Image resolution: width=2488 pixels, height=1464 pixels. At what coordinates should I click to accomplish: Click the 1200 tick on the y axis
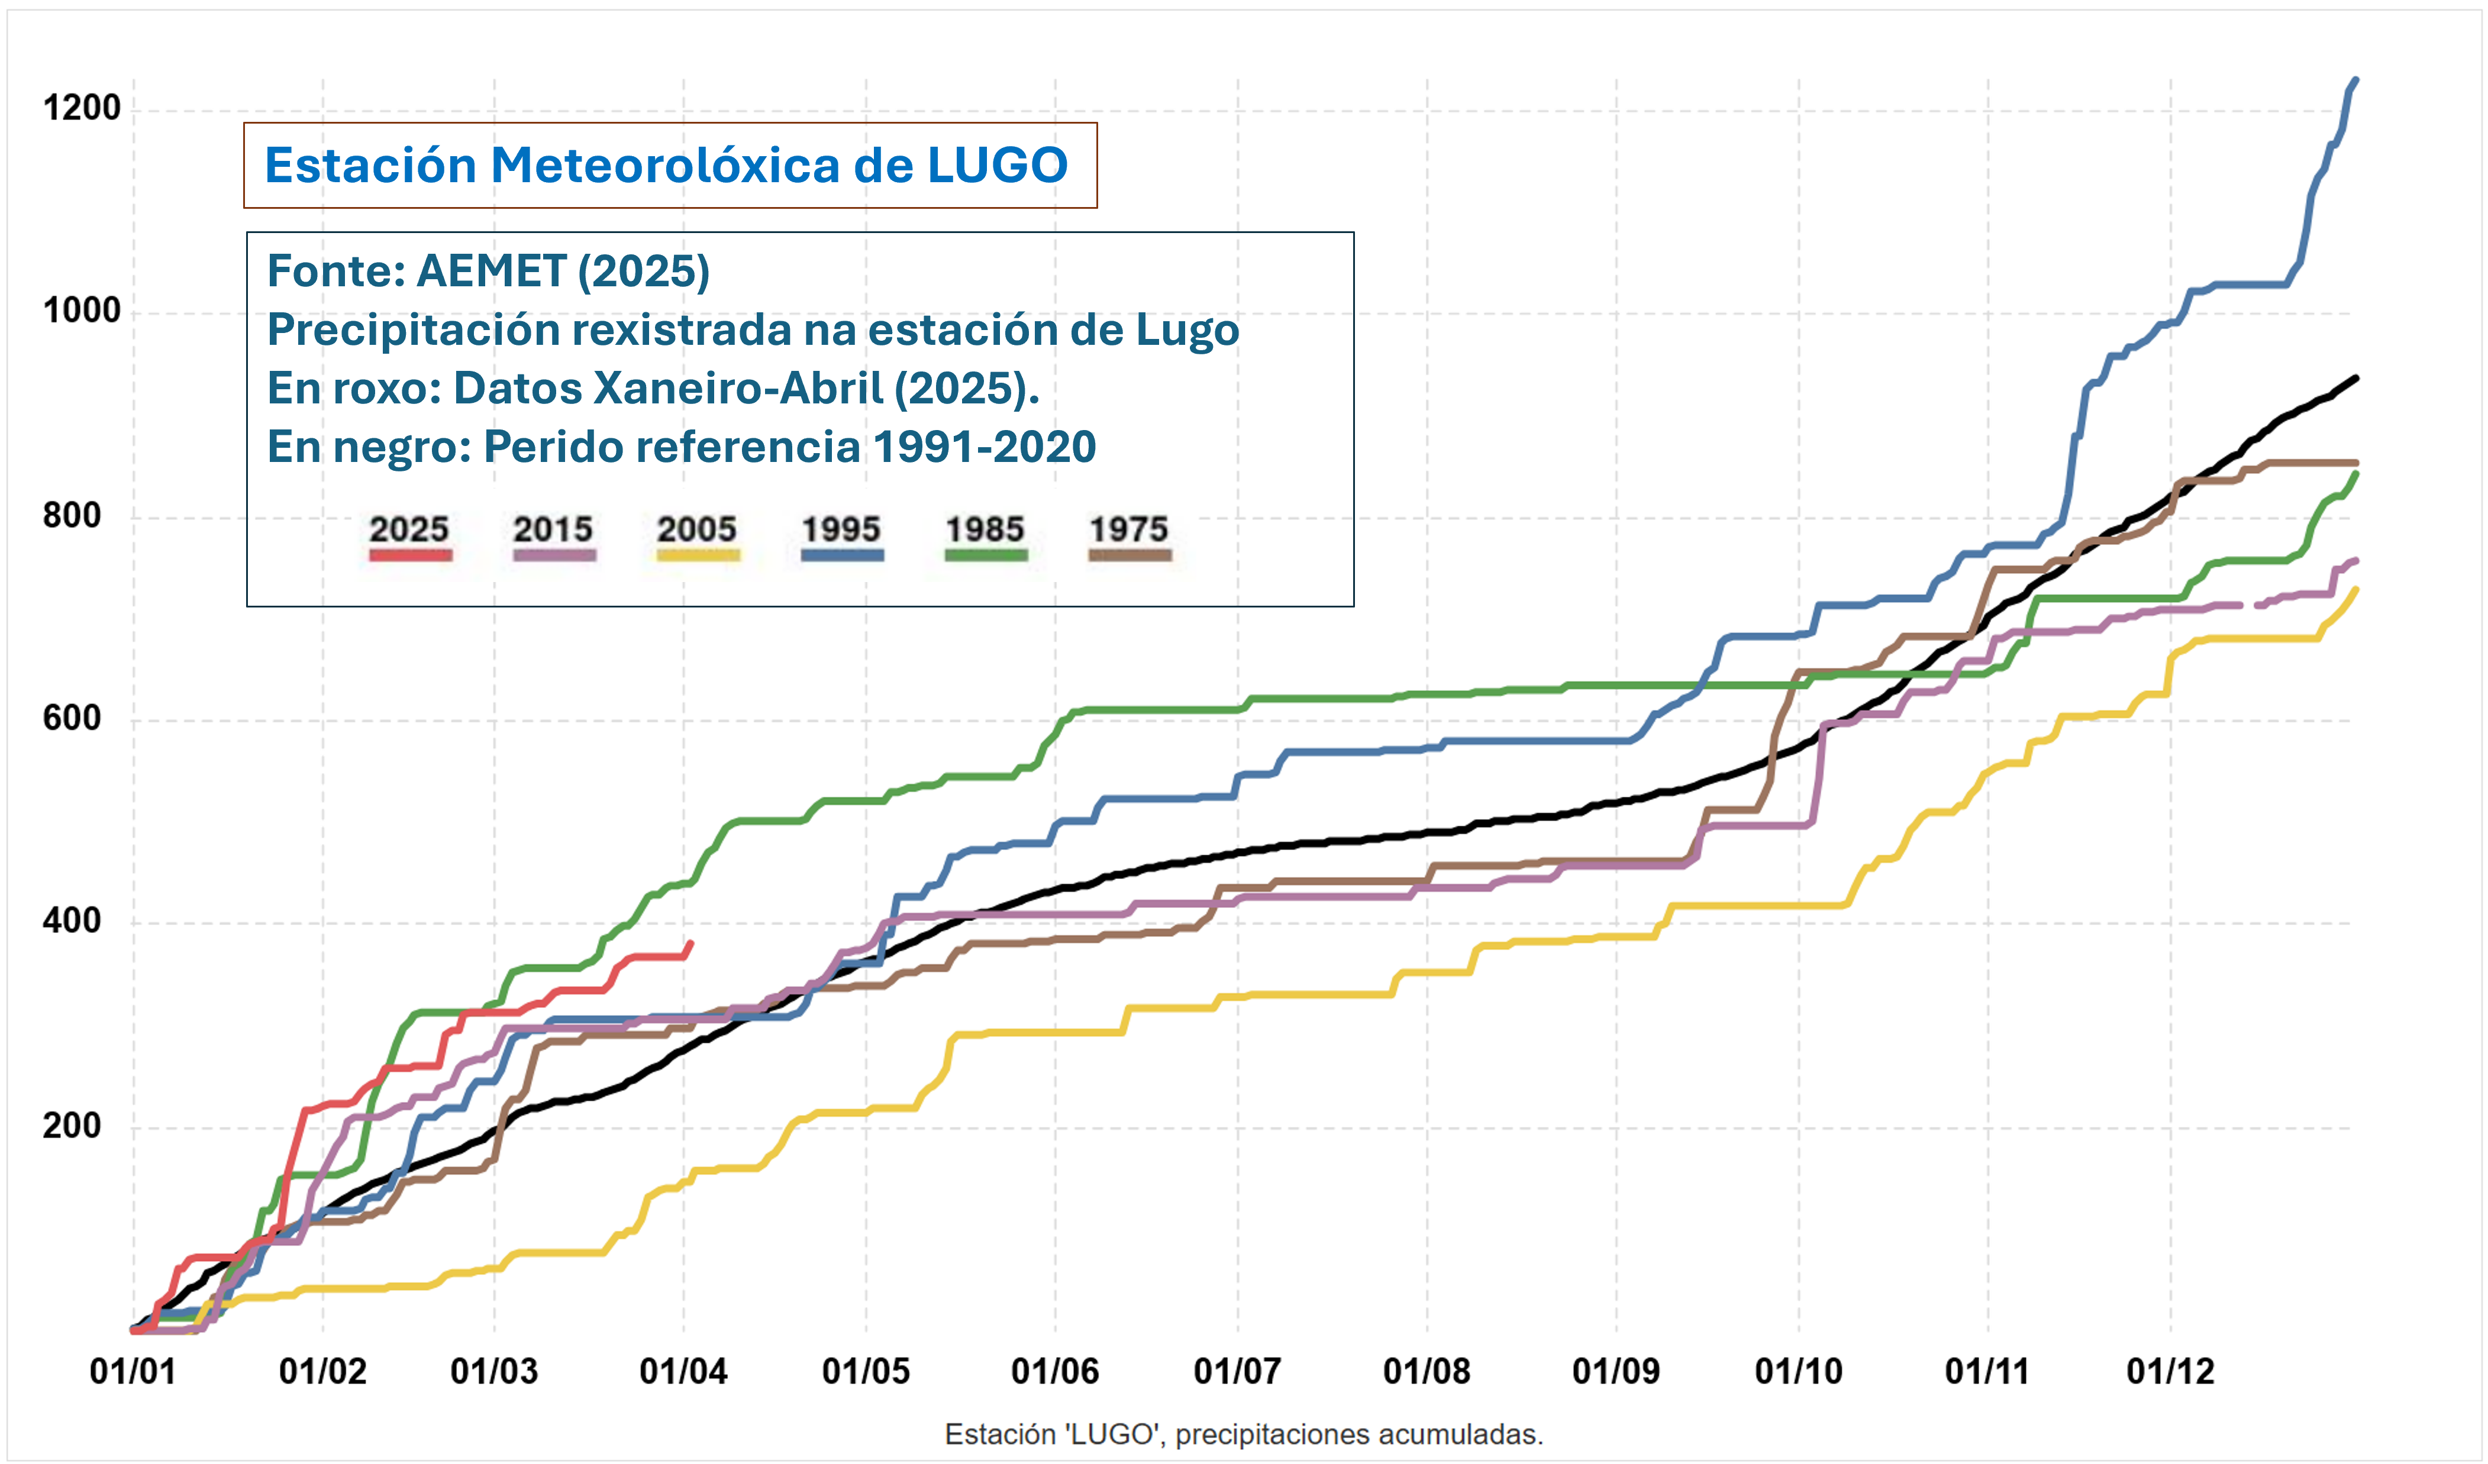[81, 108]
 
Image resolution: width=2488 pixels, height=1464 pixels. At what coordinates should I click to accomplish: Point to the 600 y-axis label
[71, 718]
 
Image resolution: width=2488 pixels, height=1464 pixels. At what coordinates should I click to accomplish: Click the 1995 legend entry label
[841, 529]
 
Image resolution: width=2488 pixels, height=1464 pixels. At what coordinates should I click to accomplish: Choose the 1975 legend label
[1128, 529]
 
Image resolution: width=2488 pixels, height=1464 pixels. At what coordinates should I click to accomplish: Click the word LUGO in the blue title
[997, 165]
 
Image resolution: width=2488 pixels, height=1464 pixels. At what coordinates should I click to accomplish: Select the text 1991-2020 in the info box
[985, 446]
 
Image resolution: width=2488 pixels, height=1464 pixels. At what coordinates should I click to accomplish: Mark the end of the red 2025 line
[690, 943]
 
